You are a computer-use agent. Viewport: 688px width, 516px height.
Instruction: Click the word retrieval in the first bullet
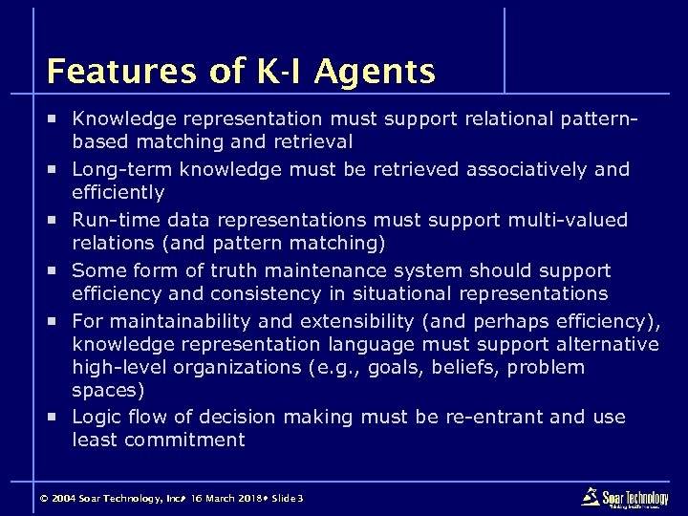click(x=311, y=142)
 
